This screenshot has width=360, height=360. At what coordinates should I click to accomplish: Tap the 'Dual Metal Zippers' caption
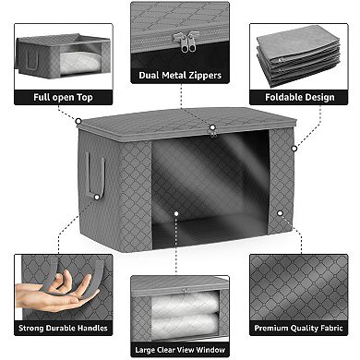coord(179,75)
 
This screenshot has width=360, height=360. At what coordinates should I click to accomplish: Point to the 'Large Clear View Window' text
coord(179,350)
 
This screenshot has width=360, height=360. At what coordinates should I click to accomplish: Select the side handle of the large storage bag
coord(95,175)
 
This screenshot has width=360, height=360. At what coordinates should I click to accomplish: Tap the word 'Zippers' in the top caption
coord(205,75)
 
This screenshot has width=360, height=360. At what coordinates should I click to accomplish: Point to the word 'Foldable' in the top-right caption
coord(283,96)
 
